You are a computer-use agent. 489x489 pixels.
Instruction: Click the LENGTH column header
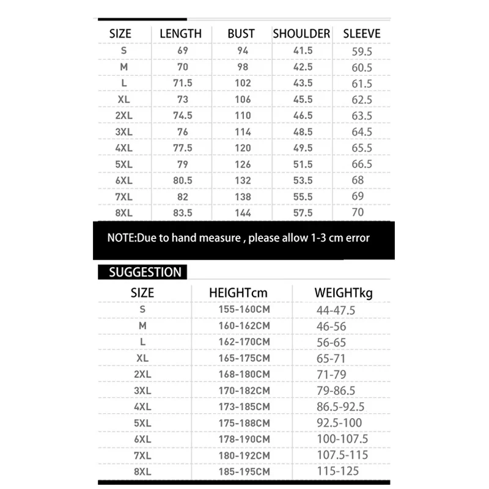tap(180, 34)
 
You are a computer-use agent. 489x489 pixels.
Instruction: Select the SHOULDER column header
tap(301, 34)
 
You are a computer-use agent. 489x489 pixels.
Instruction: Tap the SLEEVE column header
tap(361, 34)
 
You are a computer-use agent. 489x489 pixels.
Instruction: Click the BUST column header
tap(241, 34)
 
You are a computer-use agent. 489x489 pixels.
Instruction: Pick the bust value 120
tap(243, 148)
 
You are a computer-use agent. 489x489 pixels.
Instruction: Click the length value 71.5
tap(183, 83)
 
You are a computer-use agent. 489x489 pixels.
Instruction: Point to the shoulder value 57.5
tap(302, 213)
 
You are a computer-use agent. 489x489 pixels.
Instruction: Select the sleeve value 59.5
tap(362, 51)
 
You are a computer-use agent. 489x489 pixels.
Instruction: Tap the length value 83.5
tap(183, 213)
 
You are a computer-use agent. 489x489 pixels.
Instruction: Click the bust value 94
tap(243, 51)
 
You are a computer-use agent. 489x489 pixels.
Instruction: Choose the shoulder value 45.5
tap(302, 99)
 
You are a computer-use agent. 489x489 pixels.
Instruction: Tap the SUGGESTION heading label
tap(145, 273)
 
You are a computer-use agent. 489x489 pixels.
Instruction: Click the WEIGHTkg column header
tap(344, 293)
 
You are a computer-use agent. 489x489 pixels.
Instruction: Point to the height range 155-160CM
tap(244, 310)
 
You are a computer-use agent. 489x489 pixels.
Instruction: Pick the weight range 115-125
tap(337, 471)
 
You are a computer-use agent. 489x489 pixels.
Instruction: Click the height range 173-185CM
tap(244, 406)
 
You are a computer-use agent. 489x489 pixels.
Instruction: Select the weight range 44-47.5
tap(336, 311)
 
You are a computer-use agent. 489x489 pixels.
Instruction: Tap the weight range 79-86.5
tap(336, 391)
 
